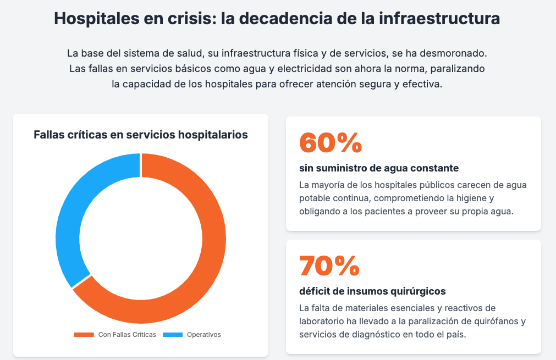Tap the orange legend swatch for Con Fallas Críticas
pos(84,335)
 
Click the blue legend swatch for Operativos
pos(172,335)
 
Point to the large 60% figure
pos(330,143)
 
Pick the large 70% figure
pos(329,266)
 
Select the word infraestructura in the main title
pos(440,18)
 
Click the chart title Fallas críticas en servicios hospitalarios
pos(141,135)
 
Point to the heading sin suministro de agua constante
pos(379,168)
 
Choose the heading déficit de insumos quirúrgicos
pos(372,291)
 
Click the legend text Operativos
pos(203,335)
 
